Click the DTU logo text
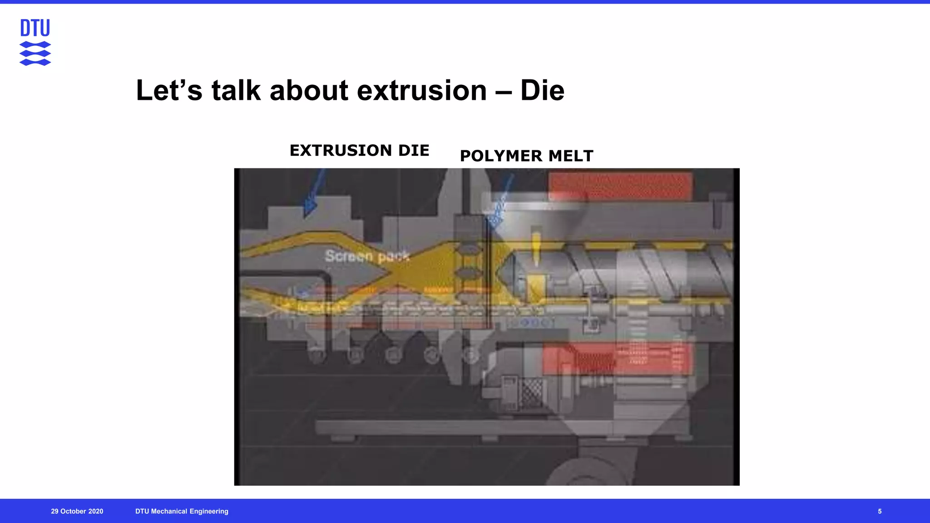[x=35, y=28]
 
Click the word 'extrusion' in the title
[x=422, y=90]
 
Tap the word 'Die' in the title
[x=542, y=90]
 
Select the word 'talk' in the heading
[x=236, y=90]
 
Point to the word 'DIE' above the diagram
[x=414, y=150]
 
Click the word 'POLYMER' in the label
[x=501, y=156]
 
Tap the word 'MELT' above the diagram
[x=571, y=156]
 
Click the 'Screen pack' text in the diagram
[x=367, y=257]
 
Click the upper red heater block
[x=620, y=185]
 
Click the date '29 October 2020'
[x=77, y=511]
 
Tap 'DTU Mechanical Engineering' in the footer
[x=182, y=511]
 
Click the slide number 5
[x=880, y=511]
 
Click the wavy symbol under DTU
[x=35, y=54]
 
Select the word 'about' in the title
[x=309, y=90]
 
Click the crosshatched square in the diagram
[x=531, y=391]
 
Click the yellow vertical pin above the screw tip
[x=536, y=247]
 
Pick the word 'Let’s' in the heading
[x=169, y=90]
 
